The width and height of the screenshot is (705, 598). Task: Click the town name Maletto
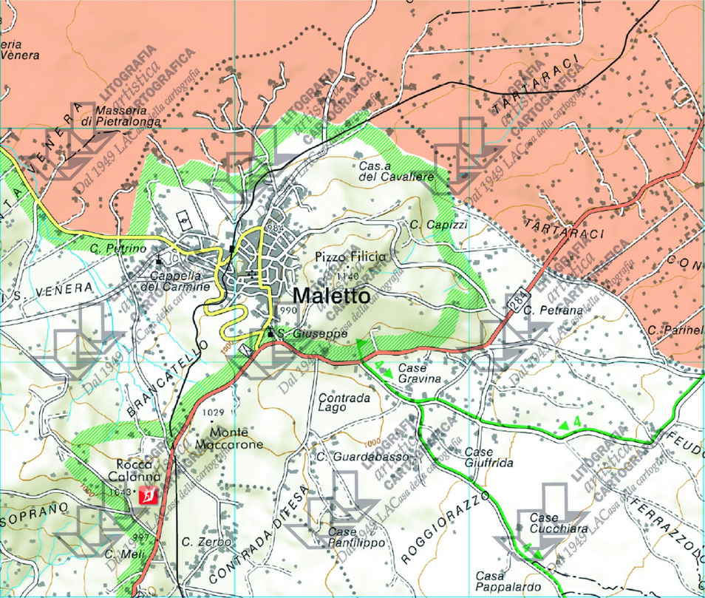pos(332,296)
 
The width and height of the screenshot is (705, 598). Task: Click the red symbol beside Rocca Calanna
pos(151,495)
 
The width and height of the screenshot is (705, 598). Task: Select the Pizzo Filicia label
pos(350,256)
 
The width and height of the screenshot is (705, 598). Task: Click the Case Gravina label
pos(419,373)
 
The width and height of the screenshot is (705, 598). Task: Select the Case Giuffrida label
pos(488,457)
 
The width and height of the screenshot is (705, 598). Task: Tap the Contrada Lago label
pos(344,401)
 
